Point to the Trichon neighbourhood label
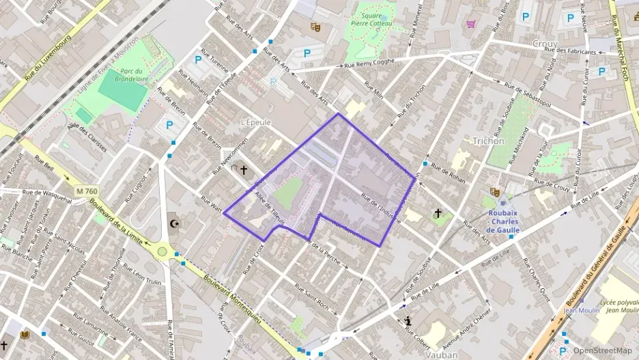(488, 141)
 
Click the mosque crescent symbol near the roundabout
(175, 223)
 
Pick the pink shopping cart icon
(471, 23)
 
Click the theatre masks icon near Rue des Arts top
(315, 27)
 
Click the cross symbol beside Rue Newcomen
(243, 169)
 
